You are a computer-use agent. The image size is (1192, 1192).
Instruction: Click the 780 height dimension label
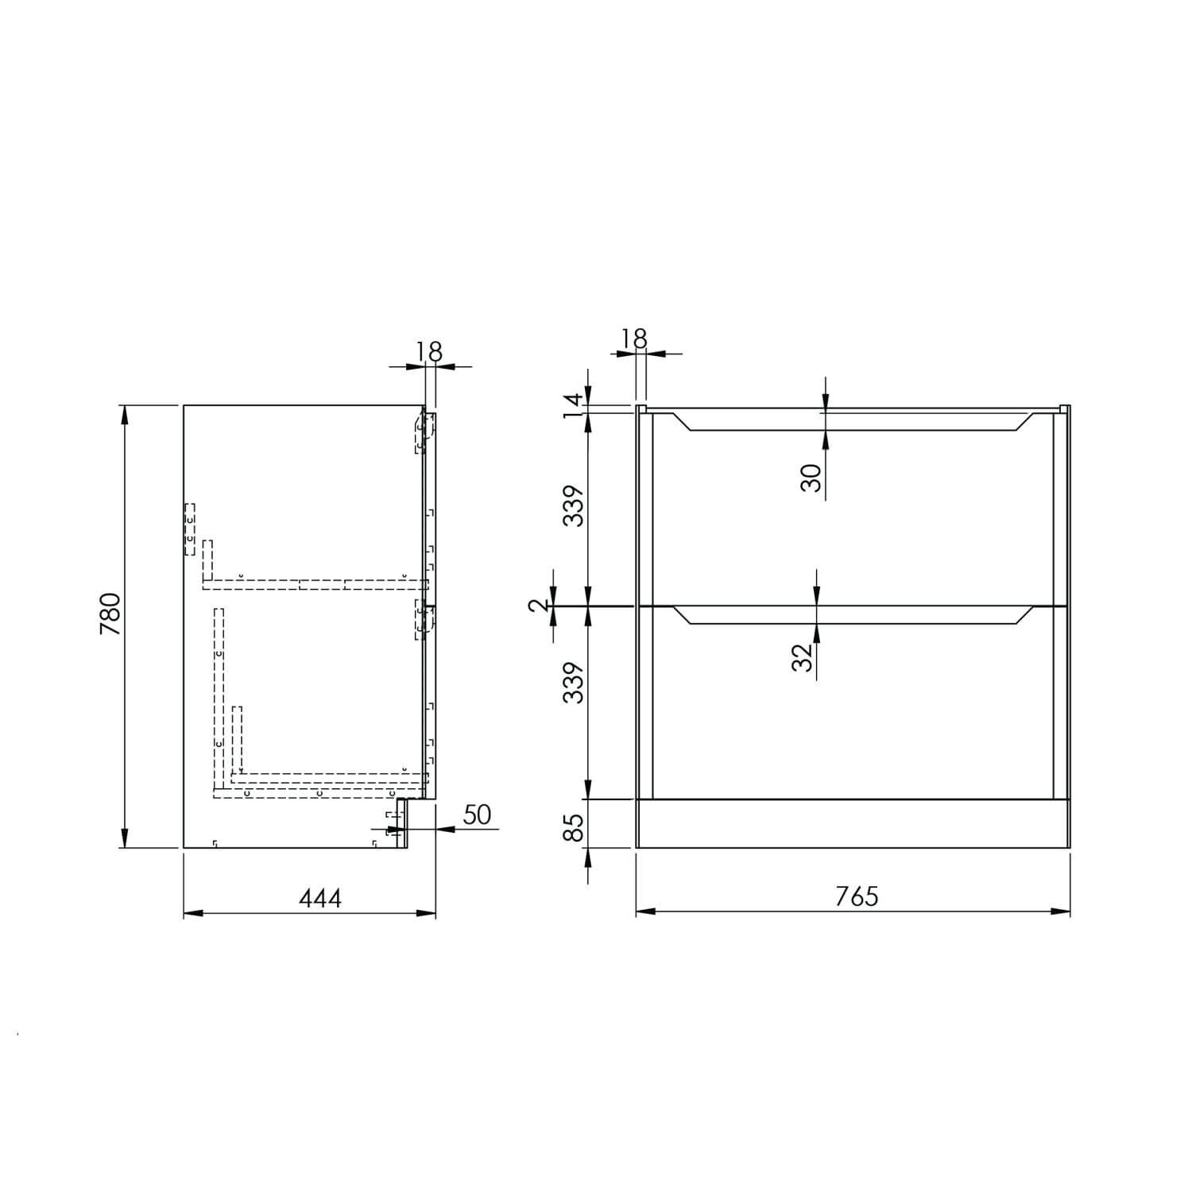click(110, 613)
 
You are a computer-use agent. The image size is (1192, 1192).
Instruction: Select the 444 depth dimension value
click(320, 898)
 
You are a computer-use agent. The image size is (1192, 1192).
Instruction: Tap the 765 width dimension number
click(857, 896)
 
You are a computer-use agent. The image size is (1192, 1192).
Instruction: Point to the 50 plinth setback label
click(477, 815)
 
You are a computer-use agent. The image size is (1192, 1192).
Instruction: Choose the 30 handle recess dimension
click(811, 477)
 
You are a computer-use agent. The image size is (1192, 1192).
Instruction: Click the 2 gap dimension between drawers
click(540, 606)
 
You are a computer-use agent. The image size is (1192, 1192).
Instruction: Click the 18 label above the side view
click(428, 350)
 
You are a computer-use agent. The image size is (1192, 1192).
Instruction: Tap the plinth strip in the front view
click(853, 823)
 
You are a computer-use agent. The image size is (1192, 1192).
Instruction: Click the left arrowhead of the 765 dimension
click(643, 911)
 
